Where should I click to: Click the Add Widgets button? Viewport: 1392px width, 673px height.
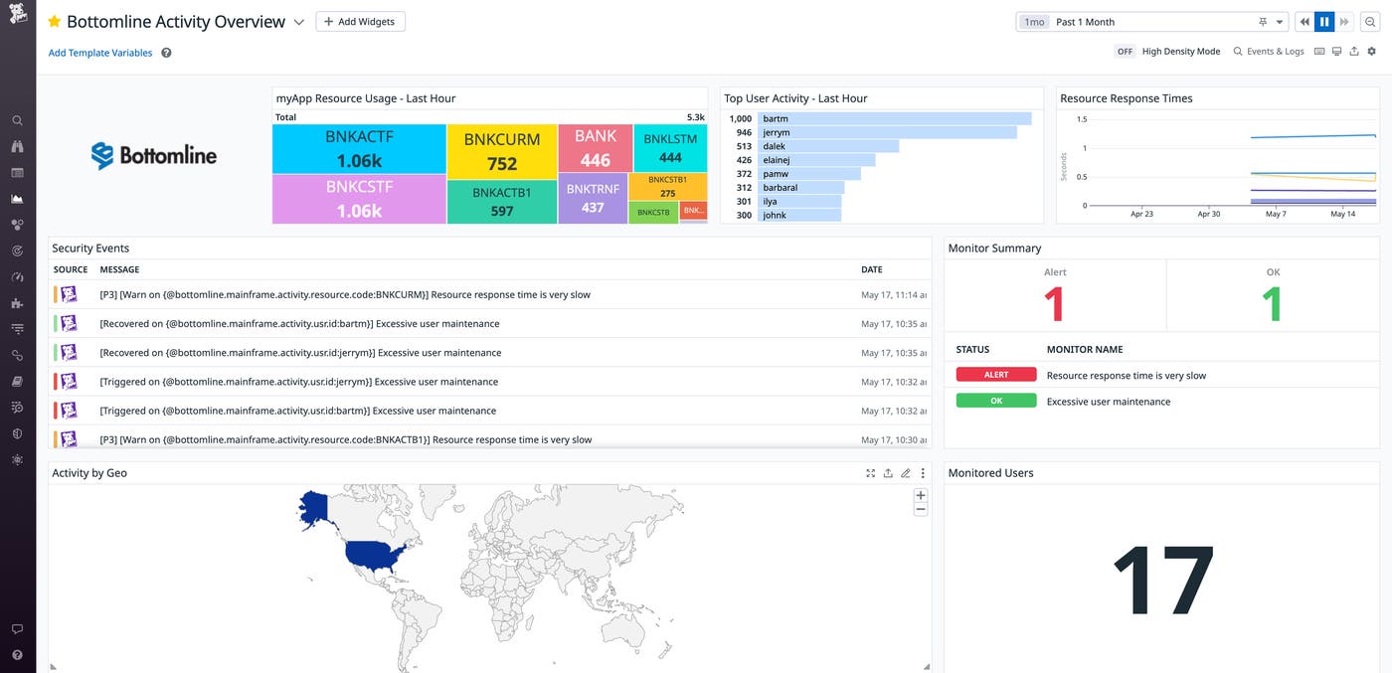(x=360, y=22)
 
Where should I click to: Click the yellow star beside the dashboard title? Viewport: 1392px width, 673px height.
(x=55, y=22)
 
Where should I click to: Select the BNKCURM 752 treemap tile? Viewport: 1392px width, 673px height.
(x=502, y=152)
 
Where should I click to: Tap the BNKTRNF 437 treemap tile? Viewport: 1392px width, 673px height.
(x=593, y=198)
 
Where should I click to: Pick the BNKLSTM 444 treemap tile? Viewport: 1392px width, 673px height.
(x=670, y=148)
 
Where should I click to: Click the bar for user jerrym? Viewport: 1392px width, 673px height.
(x=888, y=132)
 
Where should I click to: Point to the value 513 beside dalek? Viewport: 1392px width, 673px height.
(x=743, y=146)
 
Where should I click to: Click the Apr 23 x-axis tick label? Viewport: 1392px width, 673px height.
(x=1142, y=214)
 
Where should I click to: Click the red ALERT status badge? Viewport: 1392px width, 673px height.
(x=996, y=375)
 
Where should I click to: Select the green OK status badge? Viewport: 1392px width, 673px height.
(x=996, y=401)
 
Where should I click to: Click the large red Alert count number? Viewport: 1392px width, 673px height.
(x=1054, y=304)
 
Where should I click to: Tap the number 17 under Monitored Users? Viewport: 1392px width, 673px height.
(x=1162, y=582)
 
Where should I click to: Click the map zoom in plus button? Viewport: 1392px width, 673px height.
(x=920, y=495)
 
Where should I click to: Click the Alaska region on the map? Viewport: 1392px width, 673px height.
(x=316, y=509)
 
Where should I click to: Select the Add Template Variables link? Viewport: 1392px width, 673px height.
(x=100, y=53)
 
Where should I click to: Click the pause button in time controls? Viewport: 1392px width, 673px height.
(x=1323, y=22)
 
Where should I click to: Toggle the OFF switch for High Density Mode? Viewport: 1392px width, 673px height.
(x=1125, y=52)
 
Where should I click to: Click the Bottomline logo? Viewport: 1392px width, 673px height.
(x=154, y=155)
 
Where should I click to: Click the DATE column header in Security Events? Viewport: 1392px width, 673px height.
(x=871, y=269)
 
